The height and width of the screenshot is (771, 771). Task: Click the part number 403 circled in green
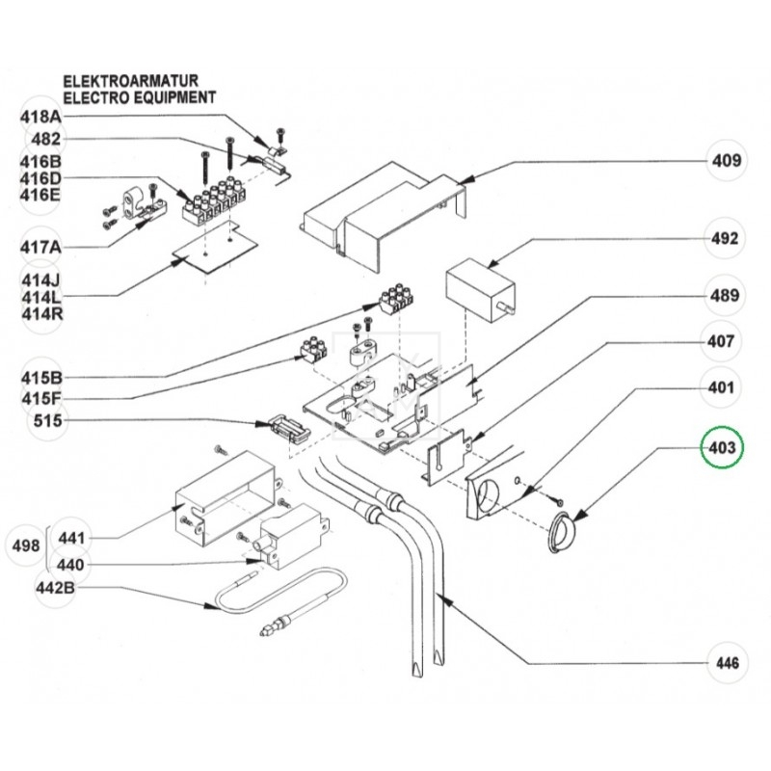pyautogui.click(x=723, y=448)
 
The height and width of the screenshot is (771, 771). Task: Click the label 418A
pyautogui.click(x=40, y=116)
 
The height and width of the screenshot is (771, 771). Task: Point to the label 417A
pyautogui.click(x=40, y=247)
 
